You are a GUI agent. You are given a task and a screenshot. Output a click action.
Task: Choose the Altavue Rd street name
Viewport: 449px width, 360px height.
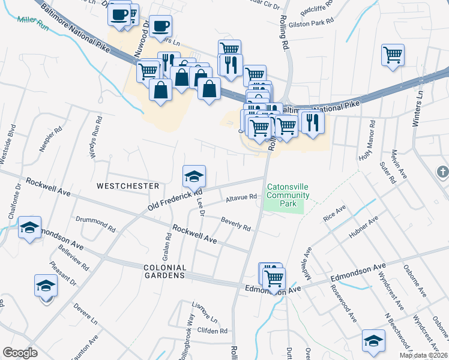click(x=241, y=197)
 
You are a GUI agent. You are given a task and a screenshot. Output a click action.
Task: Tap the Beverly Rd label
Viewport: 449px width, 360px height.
click(x=235, y=224)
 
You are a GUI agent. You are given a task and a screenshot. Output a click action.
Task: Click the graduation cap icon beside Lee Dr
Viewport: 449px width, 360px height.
click(x=194, y=176)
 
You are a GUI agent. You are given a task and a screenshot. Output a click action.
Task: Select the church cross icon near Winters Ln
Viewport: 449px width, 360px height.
click(x=442, y=173)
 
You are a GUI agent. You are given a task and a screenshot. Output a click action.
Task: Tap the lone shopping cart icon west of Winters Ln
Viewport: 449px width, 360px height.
click(x=393, y=55)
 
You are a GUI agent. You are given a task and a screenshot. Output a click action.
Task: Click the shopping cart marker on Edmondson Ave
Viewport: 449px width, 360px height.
click(x=274, y=278)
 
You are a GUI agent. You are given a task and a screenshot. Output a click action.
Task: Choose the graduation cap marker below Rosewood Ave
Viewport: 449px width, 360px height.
click(x=373, y=341)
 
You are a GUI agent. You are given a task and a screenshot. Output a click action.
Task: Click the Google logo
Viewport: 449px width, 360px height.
click(x=20, y=353)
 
